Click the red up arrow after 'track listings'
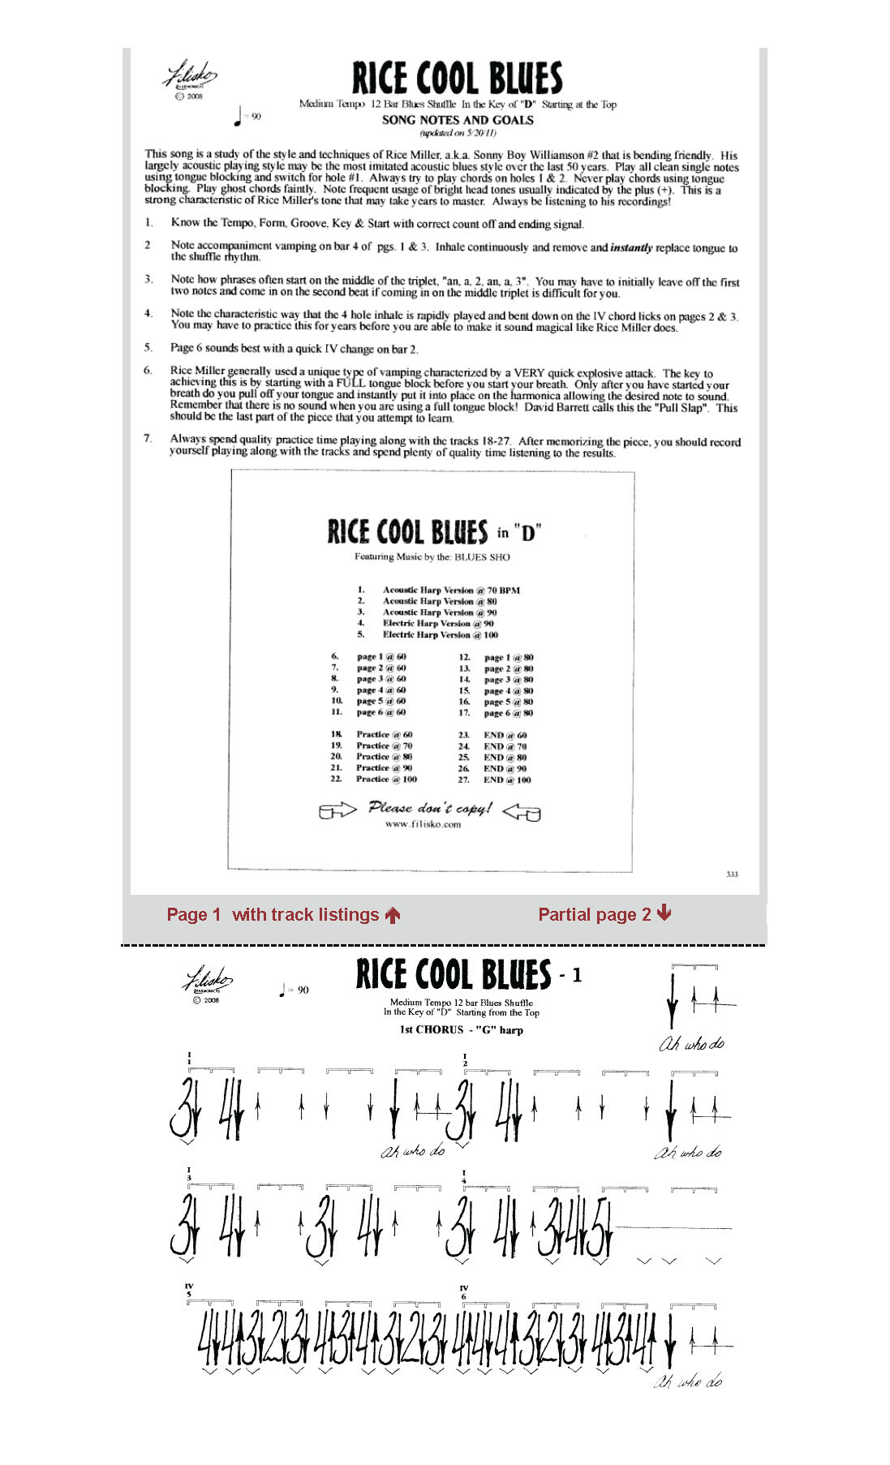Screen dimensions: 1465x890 point(393,915)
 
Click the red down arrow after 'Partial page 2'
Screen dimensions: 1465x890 point(664,913)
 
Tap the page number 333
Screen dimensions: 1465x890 point(732,874)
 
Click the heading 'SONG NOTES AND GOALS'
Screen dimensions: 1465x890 point(458,120)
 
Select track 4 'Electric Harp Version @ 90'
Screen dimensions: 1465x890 point(438,624)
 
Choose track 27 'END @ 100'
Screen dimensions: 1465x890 point(507,780)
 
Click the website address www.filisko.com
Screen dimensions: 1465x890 point(423,824)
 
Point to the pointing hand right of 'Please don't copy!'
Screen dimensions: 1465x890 point(522,811)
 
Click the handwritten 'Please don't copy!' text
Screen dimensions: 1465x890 point(430,808)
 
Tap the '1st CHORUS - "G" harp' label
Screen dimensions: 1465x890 point(461,1030)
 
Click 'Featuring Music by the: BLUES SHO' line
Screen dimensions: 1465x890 point(432,557)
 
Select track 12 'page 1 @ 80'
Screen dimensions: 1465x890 point(509,658)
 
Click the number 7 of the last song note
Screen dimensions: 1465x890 point(148,439)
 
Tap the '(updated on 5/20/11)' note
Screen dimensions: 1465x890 point(458,133)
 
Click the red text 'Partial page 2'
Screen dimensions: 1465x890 point(595,915)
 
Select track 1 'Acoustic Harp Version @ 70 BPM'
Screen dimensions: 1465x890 point(451,591)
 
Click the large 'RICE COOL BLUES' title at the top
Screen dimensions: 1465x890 point(457,79)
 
